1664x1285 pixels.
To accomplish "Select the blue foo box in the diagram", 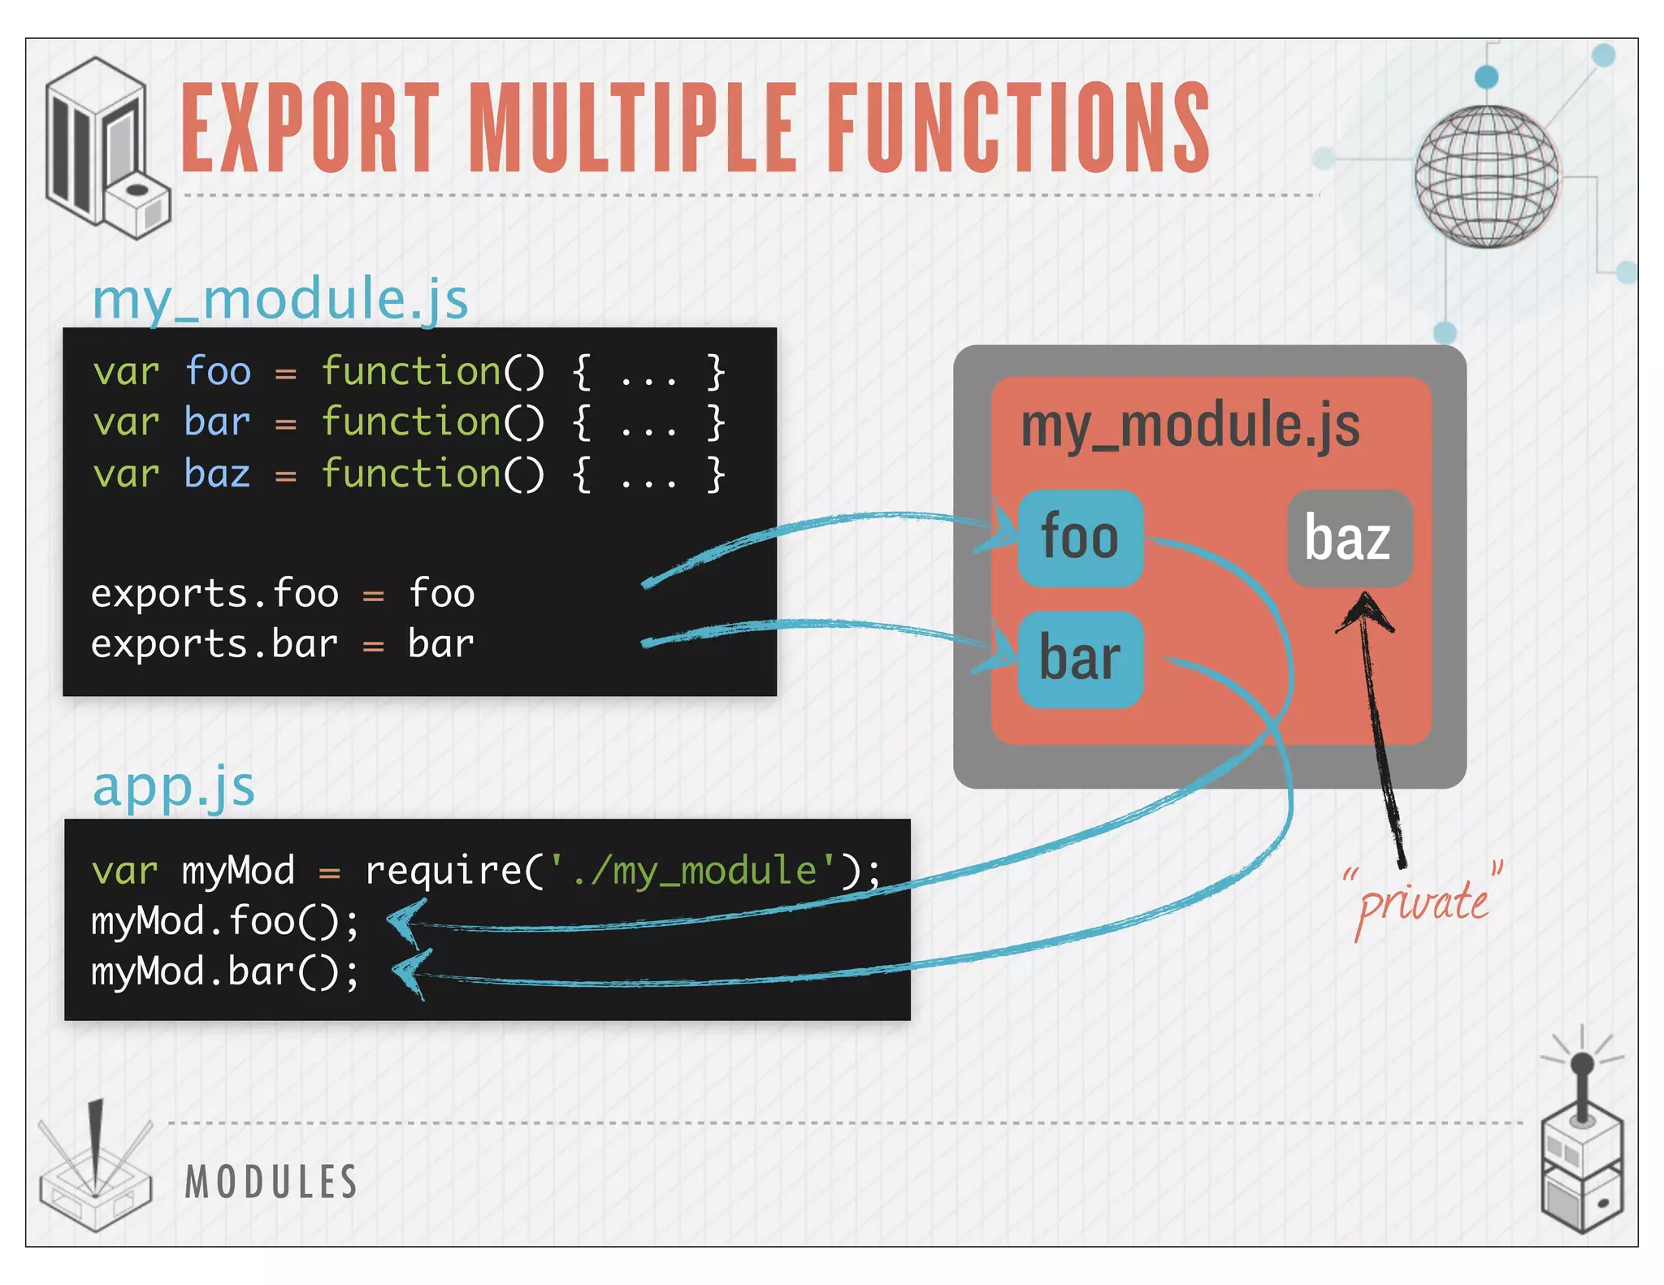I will pyautogui.click(x=1080, y=538).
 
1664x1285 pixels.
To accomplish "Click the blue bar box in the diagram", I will pyautogui.click(x=1080, y=659).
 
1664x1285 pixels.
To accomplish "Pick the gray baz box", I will pyautogui.click(x=1349, y=538).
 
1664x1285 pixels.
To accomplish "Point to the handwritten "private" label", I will pyautogui.click(x=1423, y=902).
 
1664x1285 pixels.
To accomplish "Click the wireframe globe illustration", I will pyautogui.click(x=1486, y=176).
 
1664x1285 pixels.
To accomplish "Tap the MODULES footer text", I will pyautogui.click(x=271, y=1182).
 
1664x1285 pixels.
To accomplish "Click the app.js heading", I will pyautogui.click(x=174, y=786).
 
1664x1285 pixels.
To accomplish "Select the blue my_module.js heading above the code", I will pyautogui.click(x=280, y=298).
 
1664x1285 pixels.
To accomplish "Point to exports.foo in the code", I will pyautogui.click(x=214, y=594).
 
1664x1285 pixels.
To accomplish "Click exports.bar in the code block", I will pyautogui.click(x=214, y=644).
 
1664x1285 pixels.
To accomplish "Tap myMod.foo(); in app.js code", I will pyautogui.click(x=224, y=922).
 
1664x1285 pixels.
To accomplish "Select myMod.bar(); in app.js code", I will pyautogui.click(x=224, y=972).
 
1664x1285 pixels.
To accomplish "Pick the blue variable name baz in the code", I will pyautogui.click(x=217, y=474).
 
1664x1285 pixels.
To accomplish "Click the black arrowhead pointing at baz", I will pyautogui.click(x=1366, y=611).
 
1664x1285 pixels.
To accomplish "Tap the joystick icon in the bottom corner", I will pyautogui.click(x=1581, y=1145).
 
